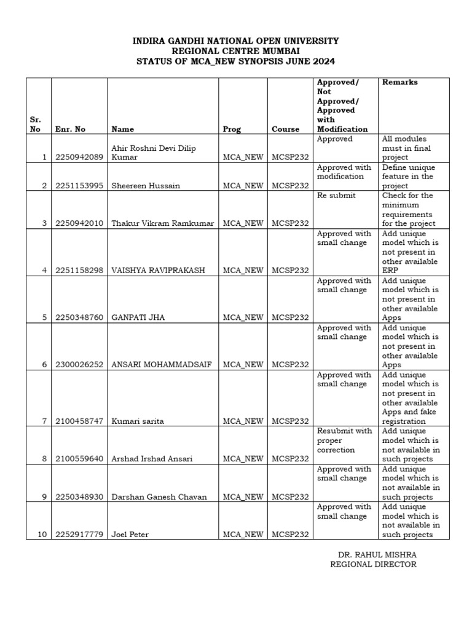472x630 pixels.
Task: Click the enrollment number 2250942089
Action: coord(79,157)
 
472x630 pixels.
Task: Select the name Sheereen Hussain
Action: coord(146,186)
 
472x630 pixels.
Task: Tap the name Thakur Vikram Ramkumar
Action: coord(163,223)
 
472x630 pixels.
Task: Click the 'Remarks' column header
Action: coord(399,82)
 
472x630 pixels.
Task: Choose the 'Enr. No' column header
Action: coord(70,129)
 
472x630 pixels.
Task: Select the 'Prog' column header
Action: coord(232,129)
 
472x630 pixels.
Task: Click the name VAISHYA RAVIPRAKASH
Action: coord(157,271)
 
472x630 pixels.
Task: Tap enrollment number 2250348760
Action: coord(79,317)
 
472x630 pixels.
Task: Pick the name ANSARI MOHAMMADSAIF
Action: coord(161,365)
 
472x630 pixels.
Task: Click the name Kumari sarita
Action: coord(138,421)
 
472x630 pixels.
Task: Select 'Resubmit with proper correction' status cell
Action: coord(345,441)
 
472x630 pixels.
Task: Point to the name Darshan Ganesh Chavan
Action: coord(159,496)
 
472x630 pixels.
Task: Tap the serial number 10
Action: coord(42,535)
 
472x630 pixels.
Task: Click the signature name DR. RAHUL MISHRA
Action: coord(373,554)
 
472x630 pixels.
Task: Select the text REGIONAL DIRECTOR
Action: coord(373,564)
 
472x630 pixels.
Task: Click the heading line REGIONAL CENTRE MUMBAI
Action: coord(236,51)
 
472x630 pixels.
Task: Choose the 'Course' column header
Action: coord(286,129)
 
